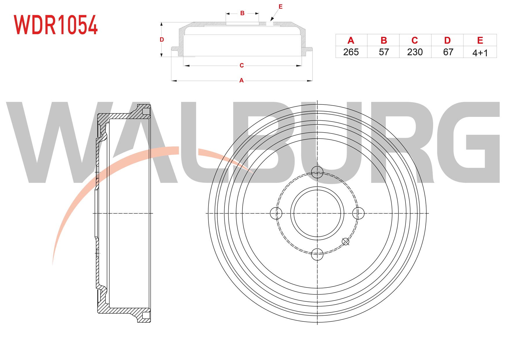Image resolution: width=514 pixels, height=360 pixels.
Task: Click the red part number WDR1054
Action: coord(56,25)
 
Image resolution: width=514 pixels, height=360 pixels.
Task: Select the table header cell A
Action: coord(351,40)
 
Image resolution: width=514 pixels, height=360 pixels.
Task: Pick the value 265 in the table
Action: coord(351,52)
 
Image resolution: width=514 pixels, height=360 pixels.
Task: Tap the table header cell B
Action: coord(383,40)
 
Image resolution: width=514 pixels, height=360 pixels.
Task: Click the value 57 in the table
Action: coord(384,52)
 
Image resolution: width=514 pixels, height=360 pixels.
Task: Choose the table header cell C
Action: coord(415,40)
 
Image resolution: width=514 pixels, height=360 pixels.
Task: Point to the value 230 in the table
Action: coord(415,52)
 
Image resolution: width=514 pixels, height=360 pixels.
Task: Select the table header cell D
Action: coord(448,40)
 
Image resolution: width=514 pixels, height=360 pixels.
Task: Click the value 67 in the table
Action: coord(448,52)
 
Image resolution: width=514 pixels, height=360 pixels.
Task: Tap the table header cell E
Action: coord(480,40)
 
